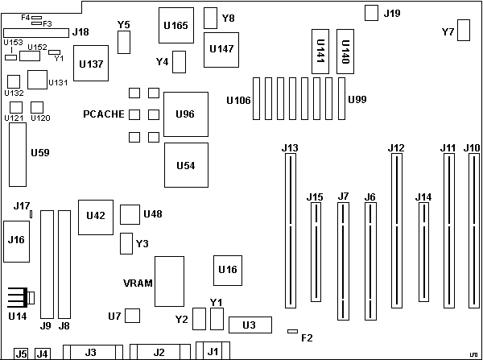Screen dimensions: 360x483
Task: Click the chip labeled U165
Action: [x=175, y=25]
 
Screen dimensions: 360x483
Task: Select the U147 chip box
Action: [x=221, y=48]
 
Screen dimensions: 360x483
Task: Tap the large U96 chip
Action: [x=185, y=114]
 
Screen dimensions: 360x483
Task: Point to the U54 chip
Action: [x=185, y=165]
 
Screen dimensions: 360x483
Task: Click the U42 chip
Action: [x=95, y=215]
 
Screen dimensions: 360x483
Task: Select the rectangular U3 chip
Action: [x=249, y=325]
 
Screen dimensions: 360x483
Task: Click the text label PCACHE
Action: [x=102, y=114]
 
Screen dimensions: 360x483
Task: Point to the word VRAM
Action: [x=135, y=283]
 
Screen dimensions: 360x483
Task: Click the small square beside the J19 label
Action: [x=371, y=13]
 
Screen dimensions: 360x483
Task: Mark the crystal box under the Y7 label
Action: [x=464, y=30]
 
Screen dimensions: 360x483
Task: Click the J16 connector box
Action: [x=16, y=240]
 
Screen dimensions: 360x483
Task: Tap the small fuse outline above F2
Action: [x=293, y=330]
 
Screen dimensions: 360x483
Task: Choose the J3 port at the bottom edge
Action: [x=91, y=352]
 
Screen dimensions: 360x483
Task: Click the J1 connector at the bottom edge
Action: [x=212, y=350]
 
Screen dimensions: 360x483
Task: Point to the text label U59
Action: [x=39, y=151]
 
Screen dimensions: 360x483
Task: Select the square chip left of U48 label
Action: [x=130, y=214]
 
